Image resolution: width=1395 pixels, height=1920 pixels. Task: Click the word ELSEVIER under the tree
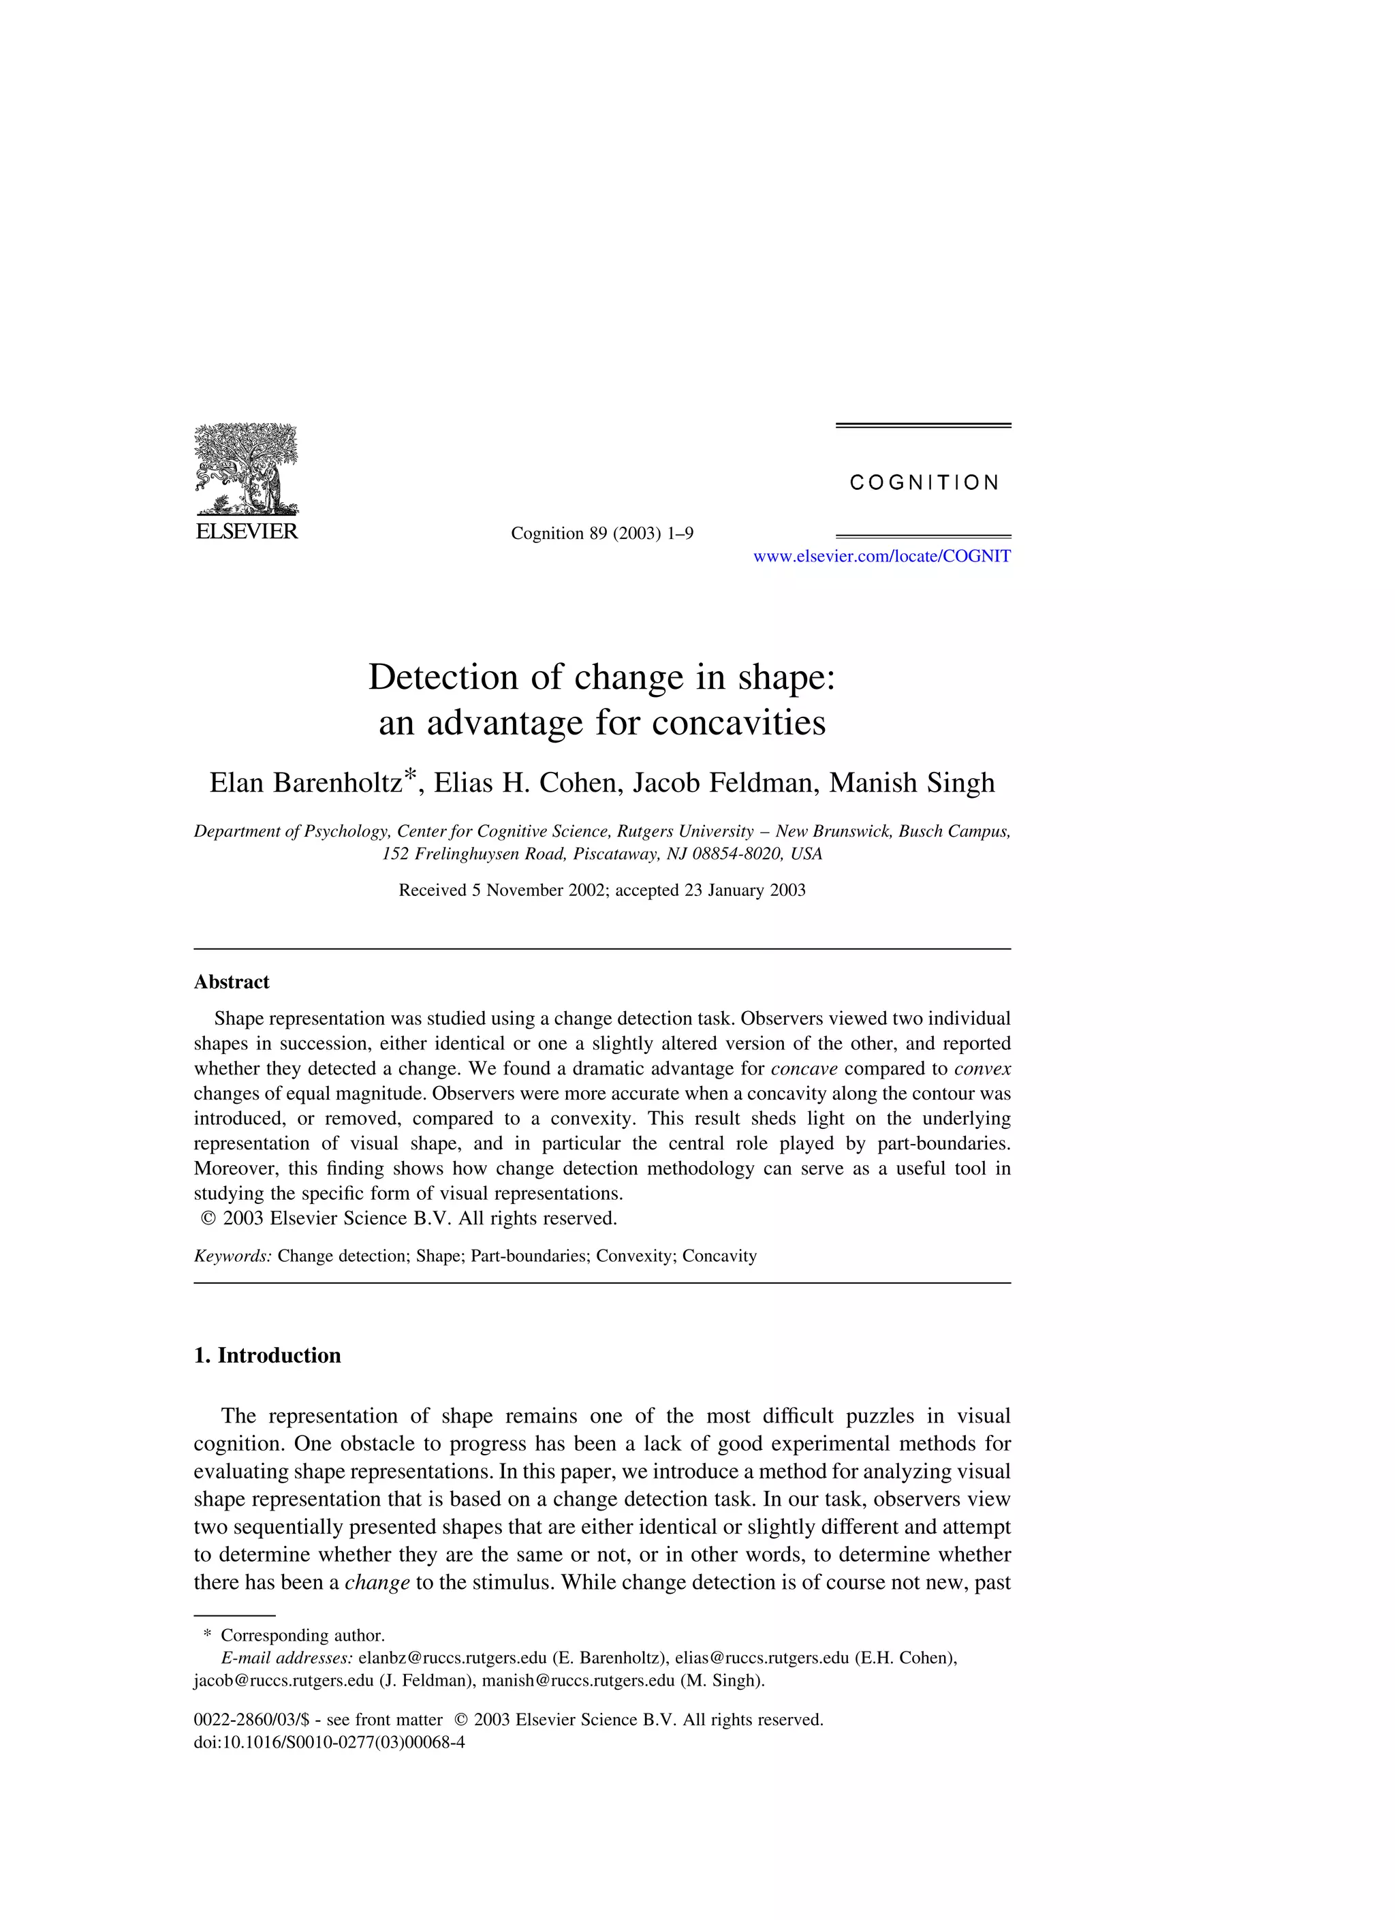247,531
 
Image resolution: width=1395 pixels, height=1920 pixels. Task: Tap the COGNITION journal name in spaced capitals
924,483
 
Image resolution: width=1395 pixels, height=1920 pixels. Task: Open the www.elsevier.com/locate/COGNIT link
881,556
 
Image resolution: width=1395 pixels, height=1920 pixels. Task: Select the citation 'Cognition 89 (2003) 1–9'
602,533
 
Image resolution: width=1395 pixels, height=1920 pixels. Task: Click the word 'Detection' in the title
443,678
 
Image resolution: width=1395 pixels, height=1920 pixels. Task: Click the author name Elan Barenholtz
307,783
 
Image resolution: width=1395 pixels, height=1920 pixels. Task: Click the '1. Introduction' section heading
268,1355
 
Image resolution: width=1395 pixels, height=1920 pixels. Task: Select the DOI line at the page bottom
329,1742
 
